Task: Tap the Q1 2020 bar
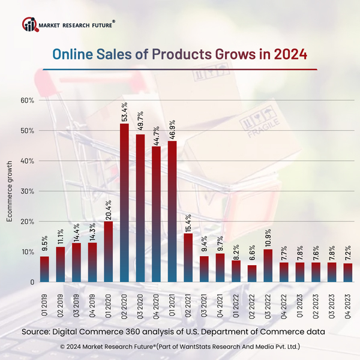pyautogui.click(x=109, y=252)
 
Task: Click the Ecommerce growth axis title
pyautogui.click(x=10, y=191)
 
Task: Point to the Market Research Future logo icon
pyautogui.click(x=29, y=25)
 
